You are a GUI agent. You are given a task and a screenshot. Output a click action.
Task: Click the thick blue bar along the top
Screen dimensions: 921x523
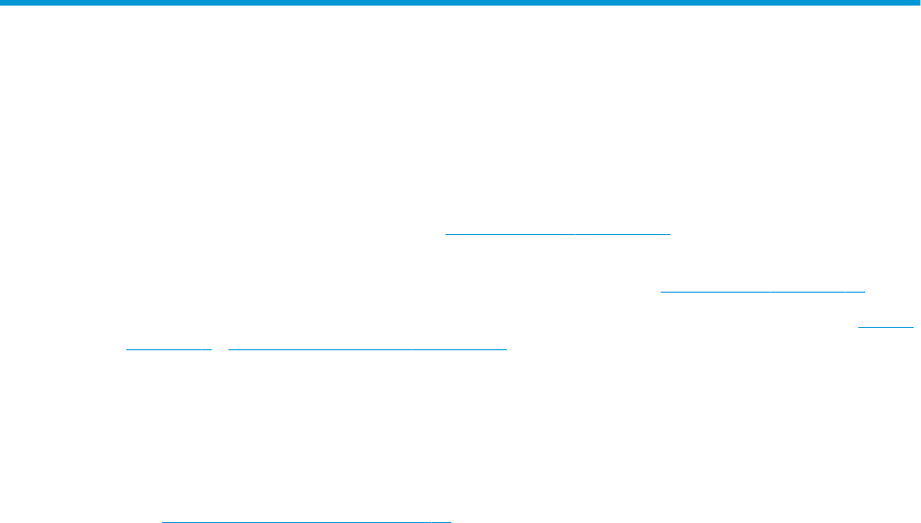(460, 4)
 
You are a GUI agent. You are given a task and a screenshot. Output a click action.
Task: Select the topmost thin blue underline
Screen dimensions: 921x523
(558, 233)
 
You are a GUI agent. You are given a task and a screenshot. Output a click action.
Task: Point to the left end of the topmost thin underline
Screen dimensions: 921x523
(447, 233)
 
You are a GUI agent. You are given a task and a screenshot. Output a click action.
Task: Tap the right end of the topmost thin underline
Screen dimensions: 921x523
(669, 233)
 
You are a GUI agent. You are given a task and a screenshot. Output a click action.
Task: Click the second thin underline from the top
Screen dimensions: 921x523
(762, 291)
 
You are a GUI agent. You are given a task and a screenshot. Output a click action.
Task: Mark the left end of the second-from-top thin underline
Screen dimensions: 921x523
(660, 291)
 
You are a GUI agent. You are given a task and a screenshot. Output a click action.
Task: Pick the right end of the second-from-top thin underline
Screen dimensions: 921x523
(864, 291)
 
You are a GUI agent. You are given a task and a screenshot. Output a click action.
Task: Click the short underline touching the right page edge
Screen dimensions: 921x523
(886, 326)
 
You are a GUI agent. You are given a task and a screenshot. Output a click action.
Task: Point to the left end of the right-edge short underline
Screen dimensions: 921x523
(858, 326)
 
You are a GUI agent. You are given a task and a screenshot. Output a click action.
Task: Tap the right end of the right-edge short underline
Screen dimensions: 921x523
(914, 326)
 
